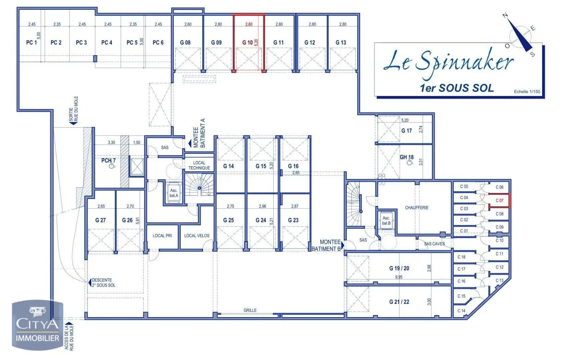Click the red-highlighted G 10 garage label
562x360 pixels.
click(x=247, y=43)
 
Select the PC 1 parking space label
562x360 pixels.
click(x=31, y=43)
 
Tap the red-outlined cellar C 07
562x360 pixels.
click(x=499, y=200)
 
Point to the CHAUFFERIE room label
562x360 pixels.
click(x=417, y=208)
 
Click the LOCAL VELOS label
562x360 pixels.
click(x=197, y=236)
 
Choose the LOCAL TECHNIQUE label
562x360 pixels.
click(x=199, y=165)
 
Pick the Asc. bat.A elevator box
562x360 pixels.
click(x=174, y=193)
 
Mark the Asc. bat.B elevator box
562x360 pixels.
click(x=386, y=220)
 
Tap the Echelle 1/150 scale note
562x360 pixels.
click(x=527, y=92)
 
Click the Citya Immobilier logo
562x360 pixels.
click(x=37, y=325)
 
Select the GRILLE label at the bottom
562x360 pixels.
click(x=250, y=310)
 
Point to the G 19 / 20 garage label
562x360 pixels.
click(x=399, y=268)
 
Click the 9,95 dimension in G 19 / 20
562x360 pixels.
click(x=399, y=277)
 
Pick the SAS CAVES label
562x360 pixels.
click(x=434, y=244)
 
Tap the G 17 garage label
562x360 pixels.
click(x=406, y=131)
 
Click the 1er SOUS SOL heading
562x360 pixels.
click(x=457, y=88)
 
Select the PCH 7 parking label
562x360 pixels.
click(x=108, y=161)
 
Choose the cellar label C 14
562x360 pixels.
click(x=461, y=311)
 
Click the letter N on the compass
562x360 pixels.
click(x=505, y=15)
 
